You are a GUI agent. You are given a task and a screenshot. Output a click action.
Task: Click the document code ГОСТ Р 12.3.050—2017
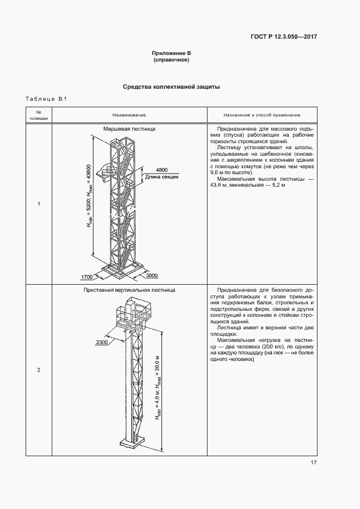point(284,37)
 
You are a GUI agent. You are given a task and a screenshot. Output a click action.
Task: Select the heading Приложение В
point(171,53)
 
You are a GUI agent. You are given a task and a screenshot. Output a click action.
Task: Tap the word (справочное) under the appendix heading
point(171,60)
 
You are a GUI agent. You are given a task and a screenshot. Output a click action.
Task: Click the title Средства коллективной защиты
point(171,87)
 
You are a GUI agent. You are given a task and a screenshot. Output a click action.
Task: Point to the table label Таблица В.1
point(46,99)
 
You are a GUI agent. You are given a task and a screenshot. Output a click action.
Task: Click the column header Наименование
point(130,115)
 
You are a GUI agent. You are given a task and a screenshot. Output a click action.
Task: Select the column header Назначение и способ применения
point(261,115)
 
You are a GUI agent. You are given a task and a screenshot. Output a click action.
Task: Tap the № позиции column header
point(39,115)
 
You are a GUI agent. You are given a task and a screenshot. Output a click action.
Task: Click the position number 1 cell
point(39,204)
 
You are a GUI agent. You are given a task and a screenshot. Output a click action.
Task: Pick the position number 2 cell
point(39,370)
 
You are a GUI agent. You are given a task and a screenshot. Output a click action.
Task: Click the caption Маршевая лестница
point(130,130)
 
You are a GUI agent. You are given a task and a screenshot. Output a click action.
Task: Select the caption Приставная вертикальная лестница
point(130,291)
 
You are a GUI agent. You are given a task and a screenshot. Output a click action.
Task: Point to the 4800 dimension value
point(162,169)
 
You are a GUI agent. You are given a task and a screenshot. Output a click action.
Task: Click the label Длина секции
point(162,176)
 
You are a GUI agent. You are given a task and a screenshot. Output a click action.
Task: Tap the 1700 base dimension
point(87,277)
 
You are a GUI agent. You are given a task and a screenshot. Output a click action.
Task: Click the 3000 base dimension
point(152,276)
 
